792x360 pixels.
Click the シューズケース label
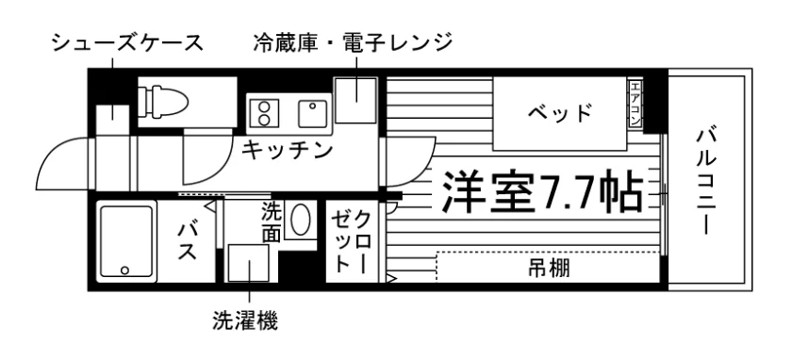click(127, 43)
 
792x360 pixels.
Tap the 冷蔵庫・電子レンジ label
click(353, 43)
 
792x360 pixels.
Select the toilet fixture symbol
click(163, 102)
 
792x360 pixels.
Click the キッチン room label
click(288, 150)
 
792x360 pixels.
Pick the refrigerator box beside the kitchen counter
click(355, 101)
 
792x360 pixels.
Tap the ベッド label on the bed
click(560, 112)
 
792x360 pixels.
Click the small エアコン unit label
click(635, 104)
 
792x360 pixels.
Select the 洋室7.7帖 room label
click(543, 192)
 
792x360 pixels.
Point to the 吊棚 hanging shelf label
click(549, 268)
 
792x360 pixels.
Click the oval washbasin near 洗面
click(300, 220)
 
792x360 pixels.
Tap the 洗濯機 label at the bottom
click(245, 320)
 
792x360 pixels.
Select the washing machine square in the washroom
click(249, 263)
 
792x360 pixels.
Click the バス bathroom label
click(188, 240)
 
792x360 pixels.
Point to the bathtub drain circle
click(124, 270)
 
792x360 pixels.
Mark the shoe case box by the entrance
click(112, 120)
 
